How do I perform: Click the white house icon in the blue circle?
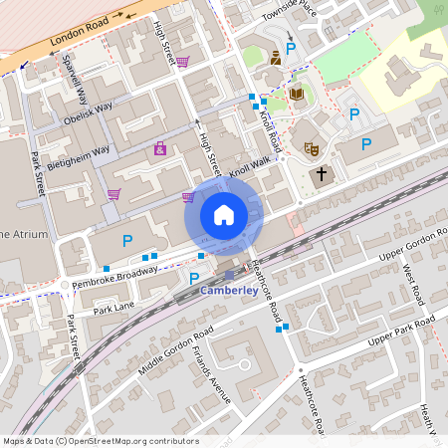click(224, 214)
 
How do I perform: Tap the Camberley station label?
click(230, 291)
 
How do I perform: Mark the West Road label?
click(412, 285)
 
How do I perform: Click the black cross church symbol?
click(320, 176)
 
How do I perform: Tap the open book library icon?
click(296, 95)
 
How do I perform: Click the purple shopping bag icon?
click(160, 149)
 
